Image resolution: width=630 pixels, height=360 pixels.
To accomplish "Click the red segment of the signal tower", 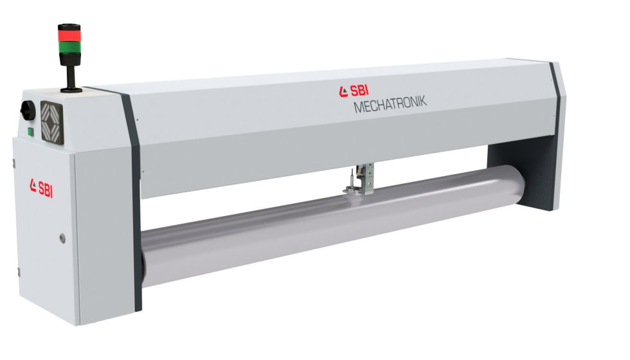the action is [x=69, y=35].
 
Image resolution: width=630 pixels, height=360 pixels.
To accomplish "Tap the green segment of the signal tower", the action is [x=70, y=46].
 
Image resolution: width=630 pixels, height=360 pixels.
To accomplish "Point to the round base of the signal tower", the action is [x=71, y=89].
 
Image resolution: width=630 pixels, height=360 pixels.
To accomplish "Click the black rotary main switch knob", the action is [x=26, y=108].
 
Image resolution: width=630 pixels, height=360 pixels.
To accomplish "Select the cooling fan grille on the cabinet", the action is [x=52, y=122].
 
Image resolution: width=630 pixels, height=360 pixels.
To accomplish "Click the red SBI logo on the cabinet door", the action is [x=41, y=188].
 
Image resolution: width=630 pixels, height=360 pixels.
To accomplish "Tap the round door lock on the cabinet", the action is [x=62, y=239].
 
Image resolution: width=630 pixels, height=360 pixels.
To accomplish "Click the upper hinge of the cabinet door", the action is [x=14, y=163].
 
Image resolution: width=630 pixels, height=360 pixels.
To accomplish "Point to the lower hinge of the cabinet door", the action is [x=19, y=272].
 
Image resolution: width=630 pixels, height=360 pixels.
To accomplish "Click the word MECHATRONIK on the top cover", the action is [x=390, y=104].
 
